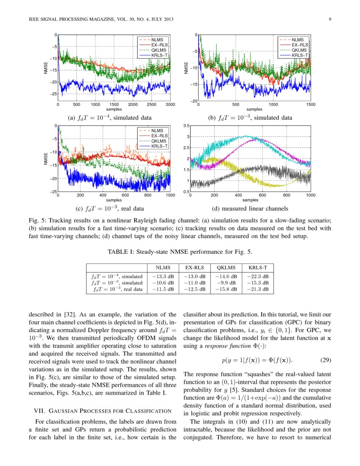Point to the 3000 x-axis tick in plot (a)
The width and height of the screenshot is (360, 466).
click(170, 104)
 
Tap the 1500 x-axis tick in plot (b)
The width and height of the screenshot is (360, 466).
click(310, 105)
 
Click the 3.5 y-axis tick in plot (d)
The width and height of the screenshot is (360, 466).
click(186, 126)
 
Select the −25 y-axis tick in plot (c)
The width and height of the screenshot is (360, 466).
click(53, 192)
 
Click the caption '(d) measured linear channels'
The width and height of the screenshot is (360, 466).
click(250, 208)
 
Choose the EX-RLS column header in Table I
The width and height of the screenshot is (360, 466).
click(195, 268)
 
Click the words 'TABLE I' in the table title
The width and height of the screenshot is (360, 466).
click(122, 252)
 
